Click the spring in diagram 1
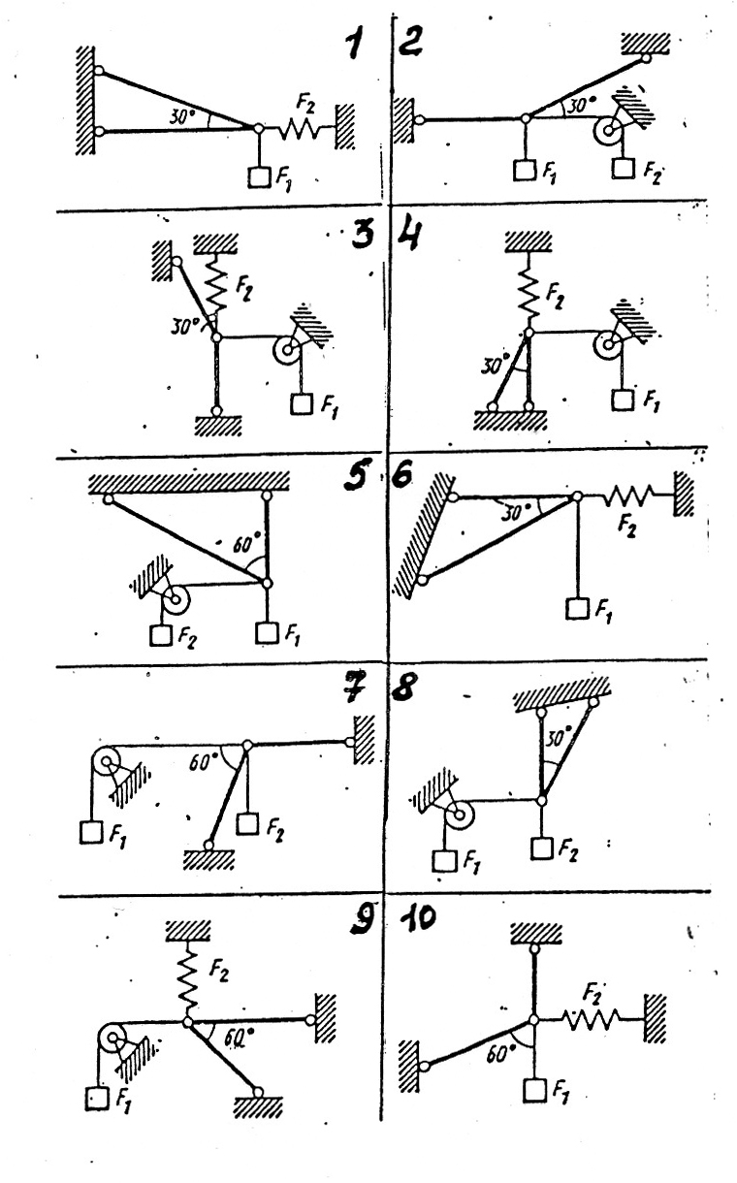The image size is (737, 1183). [x=300, y=127]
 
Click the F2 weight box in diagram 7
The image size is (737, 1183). [x=248, y=824]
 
